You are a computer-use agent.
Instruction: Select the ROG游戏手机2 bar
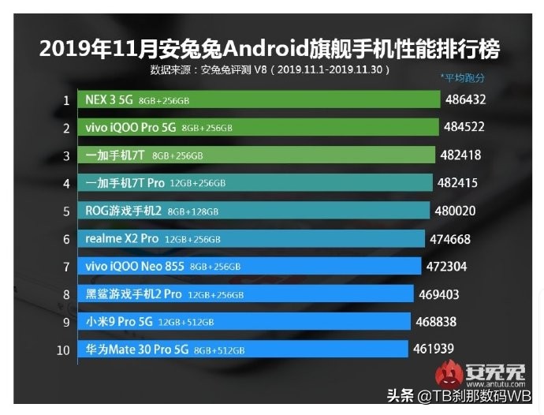point(253,211)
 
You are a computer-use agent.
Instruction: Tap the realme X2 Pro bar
point(251,238)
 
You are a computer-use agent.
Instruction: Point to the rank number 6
point(67,238)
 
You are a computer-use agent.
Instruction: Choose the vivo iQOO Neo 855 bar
point(248,266)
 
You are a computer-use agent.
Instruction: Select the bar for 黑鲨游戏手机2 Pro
point(245,293)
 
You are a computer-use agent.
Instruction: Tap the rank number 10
point(64,349)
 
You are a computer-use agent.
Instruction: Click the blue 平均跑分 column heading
point(464,78)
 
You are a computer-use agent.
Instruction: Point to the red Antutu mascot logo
point(451,371)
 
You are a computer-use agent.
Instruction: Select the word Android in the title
point(259,50)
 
